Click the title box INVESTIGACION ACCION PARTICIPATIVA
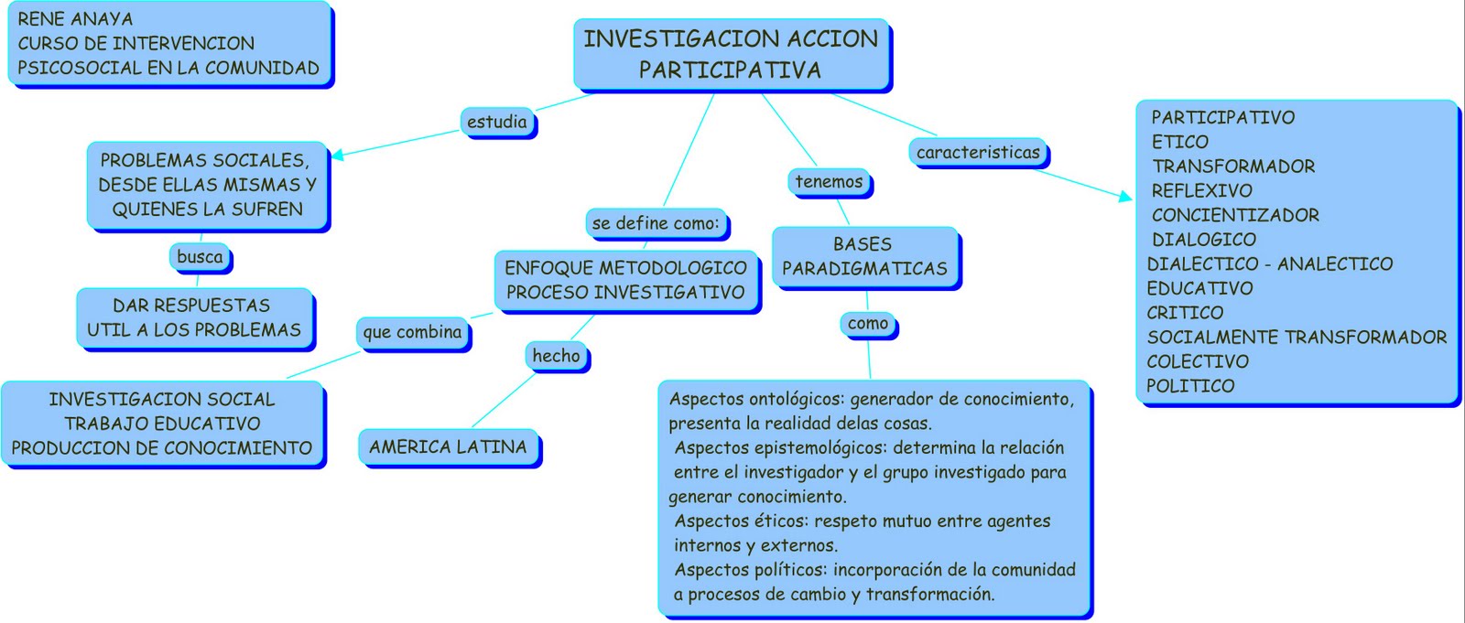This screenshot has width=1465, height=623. pyautogui.click(x=732, y=54)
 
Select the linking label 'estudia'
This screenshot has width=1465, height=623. pyautogui.click(x=497, y=122)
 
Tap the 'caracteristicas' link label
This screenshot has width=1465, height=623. pyautogui.click(x=978, y=152)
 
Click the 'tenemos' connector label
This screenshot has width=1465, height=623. pyautogui.click(x=829, y=182)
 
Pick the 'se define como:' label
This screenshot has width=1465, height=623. pyautogui.click(x=656, y=223)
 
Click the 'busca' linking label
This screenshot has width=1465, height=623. pyautogui.click(x=200, y=257)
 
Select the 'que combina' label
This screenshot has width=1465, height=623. pyautogui.click(x=412, y=332)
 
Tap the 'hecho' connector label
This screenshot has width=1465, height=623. pyautogui.click(x=556, y=356)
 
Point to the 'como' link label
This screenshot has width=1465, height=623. pyautogui.click(x=868, y=324)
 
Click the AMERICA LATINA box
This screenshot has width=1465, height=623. pyautogui.click(x=448, y=447)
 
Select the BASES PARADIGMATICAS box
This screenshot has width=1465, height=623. pyautogui.click(x=864, y=256)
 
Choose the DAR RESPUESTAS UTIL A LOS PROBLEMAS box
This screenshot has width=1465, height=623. pyautogui.click(x=194, y=317)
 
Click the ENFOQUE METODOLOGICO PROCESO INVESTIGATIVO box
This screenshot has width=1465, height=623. pyautogui.click(x=626, y=281)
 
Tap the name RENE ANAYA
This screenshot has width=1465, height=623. pyautogui.click(x=75, y=19)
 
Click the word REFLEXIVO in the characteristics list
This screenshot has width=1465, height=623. pyautogui.click(x=1201, y=191)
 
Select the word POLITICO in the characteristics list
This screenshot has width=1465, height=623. pyautogui.click(x=1190, y=386)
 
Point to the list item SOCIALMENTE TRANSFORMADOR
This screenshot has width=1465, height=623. pyautogui.click(x=1297, y=338)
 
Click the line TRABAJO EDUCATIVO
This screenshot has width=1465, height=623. pyautogui.click(x=162, y=424)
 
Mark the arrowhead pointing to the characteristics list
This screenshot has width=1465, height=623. pyautogui.click(x=1125, y=196)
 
